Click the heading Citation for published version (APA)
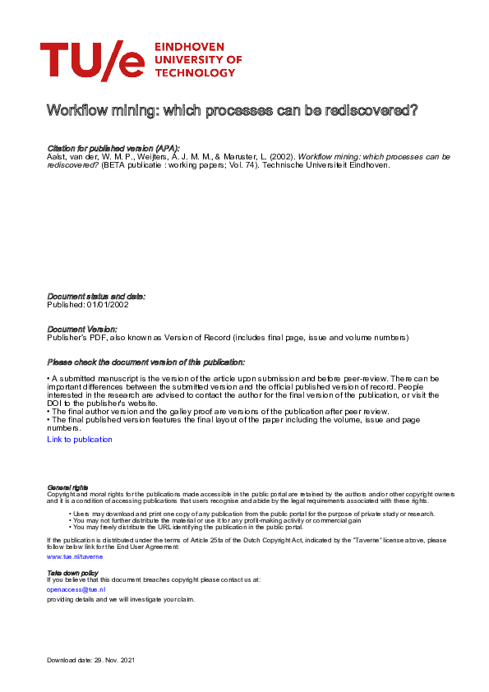tap(113, 148)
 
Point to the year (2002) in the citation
tap(279, 156)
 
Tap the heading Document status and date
tap(96, 296)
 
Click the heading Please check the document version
tap(145, 362)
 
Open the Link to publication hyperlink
tap(80, 440)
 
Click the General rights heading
tap(68, 487)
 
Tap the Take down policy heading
tap(73, 573)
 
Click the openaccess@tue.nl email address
tap(76, 589)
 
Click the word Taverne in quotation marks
tap(341, 540)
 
